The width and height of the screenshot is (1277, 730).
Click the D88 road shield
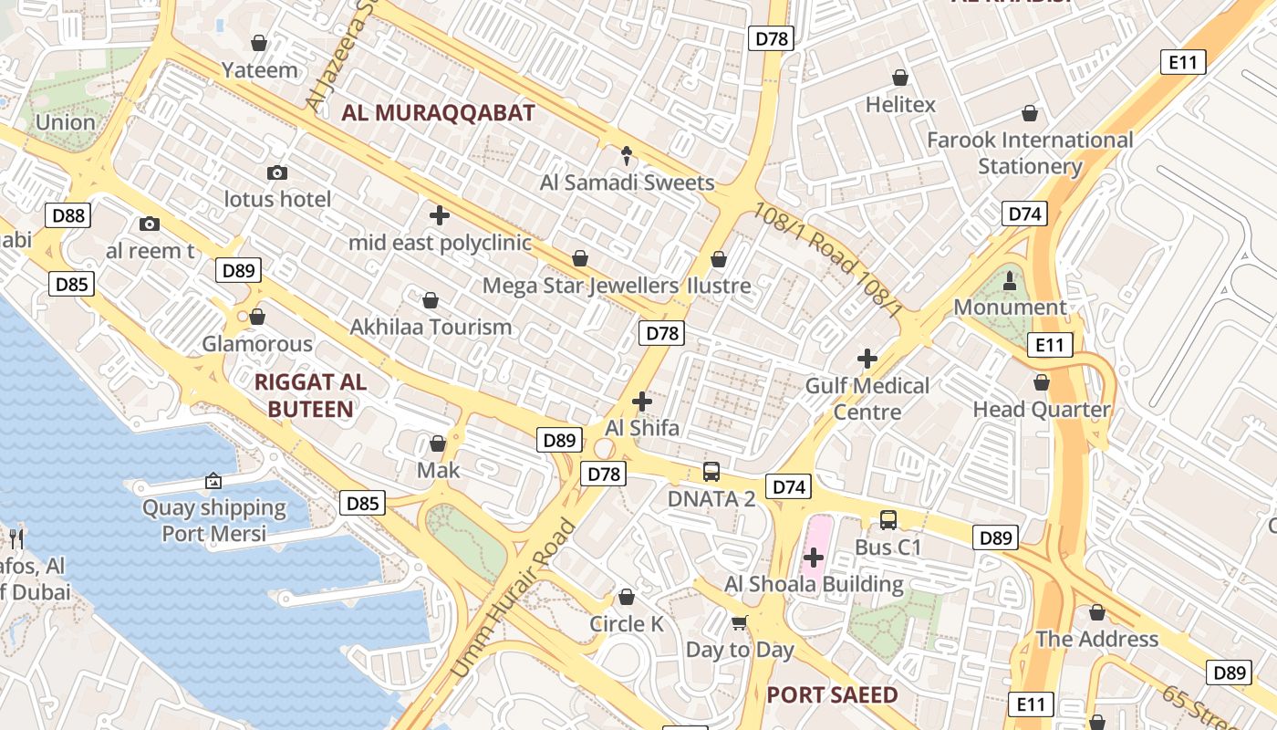pyautogui.click(x=68, y=216)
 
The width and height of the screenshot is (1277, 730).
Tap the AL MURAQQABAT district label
pyautogui.click(x=438, y=113)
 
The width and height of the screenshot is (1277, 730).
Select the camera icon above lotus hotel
pyautogui.click(x=277, y=172)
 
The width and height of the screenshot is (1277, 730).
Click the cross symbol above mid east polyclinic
pyautogui.click(x=440, y=215)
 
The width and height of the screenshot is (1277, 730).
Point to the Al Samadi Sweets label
pyautogui.click(x=627, y=182)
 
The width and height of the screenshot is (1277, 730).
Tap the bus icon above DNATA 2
pyautogui.click(x=711, y=472)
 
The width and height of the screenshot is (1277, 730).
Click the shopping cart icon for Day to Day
pyautogui.click(x=740, y=622)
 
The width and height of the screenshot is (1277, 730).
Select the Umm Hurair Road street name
pyautogui.click(x=513, y=600)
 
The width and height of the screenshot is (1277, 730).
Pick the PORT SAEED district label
pyautogui.click(x=832, y=695)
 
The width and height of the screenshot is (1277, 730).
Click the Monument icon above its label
pyautogui.click(x=1010, y=280)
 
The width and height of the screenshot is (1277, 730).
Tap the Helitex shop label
pyautogui.click(x=900, y=105)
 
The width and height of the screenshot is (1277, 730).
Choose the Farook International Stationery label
pyautogui.click(x=1030, y=153)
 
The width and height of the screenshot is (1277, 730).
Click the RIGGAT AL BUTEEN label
pyautogui.click(x=310, y=395)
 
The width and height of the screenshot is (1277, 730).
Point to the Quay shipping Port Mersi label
pyautogui.click(x=214, y=520)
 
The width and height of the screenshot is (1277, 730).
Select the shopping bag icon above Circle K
pyautogui.click(x=627, y=597)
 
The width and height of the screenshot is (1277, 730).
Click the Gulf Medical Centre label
pyautogui.click(x=867, y=399)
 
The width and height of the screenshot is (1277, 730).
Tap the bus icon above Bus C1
pyautogui.click(x=888, y=520)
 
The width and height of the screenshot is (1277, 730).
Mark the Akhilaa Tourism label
pyautogui.click(x=431, y=327)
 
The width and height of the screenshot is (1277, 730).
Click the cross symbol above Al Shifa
pyautogui.click(x=642, y=401)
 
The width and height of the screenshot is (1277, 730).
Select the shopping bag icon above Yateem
pyautogui.click(x=259, y=43)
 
